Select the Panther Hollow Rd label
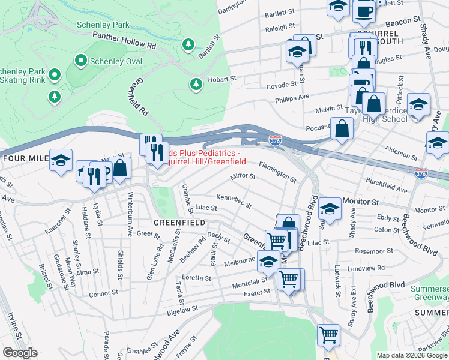124,40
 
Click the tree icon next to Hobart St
195,85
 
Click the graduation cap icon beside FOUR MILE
61,161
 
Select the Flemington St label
277,172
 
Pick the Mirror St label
243,177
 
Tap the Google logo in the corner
20,353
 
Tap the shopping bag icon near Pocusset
342,128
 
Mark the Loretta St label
197,278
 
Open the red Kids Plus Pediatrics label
206,157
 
